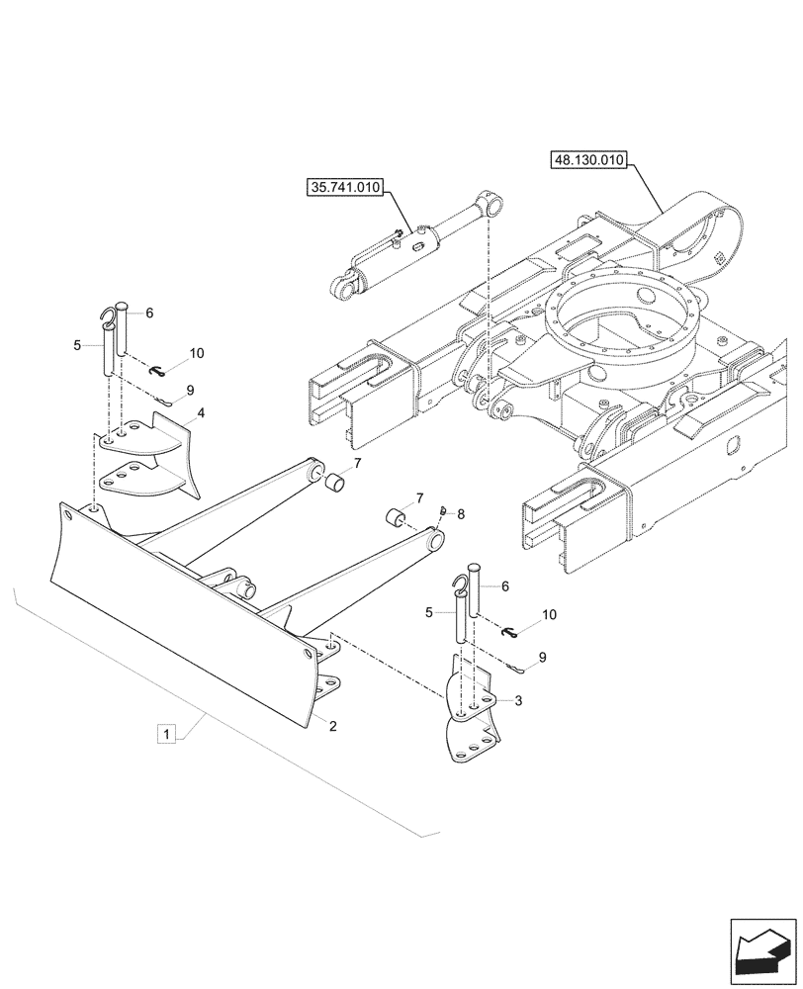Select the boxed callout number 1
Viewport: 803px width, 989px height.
click(x=168, y=734)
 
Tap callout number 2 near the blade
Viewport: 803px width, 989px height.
click(x=333, y=725)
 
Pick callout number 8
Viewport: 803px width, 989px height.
click(x=461, y=513)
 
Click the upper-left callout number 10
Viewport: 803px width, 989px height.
click(x=196, y=353)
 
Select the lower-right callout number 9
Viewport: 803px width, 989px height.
click(x=543, y=656)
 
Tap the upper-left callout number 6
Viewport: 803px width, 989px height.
click(x=149, y=313)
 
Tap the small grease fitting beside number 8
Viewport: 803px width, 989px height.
click(x=444, y=510)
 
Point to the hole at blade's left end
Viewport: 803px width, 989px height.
click(x=66, y=514)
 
